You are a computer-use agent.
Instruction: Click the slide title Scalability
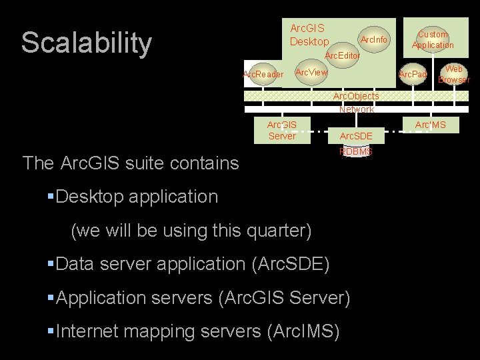pos(87,43)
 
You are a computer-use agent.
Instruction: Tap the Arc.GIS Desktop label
pos(307,35)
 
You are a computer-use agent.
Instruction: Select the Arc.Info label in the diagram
pos(373,40)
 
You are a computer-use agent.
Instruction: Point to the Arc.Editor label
pos(342,57)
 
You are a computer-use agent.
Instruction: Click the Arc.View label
pos(311,72)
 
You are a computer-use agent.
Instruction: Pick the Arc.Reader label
pos(263,74)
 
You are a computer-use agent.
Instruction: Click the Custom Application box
pos(433,40)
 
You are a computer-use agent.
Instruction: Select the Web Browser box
pos(454,74)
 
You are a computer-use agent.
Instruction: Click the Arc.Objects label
pos(356,97)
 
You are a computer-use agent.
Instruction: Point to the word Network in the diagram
pos(356,109)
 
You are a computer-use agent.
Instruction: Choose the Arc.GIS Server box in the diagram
pos(281,130)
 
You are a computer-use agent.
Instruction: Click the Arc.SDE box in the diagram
pos(356,136)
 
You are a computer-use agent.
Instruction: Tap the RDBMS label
pos(356,152)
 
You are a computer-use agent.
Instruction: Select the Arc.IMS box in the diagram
pos(431,125)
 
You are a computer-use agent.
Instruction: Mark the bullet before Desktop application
pos(51,197)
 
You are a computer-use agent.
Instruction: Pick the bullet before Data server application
pos(51,263)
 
